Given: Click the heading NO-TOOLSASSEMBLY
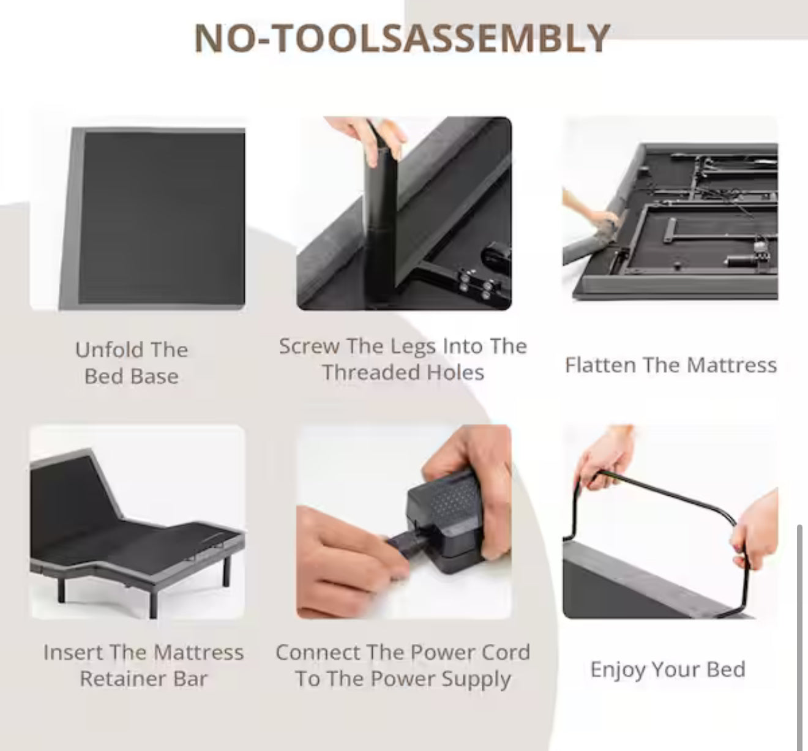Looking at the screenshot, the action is point(402,38).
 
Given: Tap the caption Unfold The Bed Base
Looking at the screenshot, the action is point(132,363).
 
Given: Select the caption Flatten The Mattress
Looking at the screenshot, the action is point(671,365).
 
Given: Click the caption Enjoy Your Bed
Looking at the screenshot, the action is point(668,670).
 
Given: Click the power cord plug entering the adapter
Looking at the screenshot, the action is point(407,543).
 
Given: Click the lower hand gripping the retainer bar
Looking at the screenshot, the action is point(755,529).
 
